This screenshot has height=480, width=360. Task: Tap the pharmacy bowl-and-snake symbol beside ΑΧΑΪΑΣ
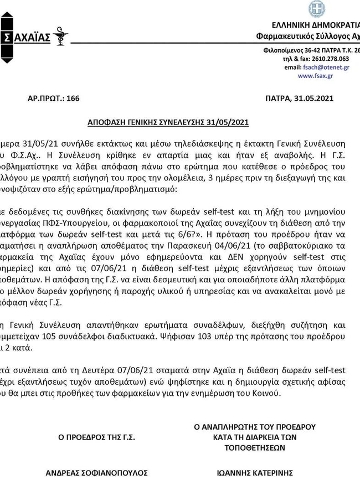[60, 36]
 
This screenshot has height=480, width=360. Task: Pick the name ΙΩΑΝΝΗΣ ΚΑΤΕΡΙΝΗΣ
[255, 473]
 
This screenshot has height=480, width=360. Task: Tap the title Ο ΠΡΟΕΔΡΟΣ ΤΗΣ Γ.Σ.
[97, 437]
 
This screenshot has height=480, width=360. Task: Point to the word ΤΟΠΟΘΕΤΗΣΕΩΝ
[255, 447]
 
